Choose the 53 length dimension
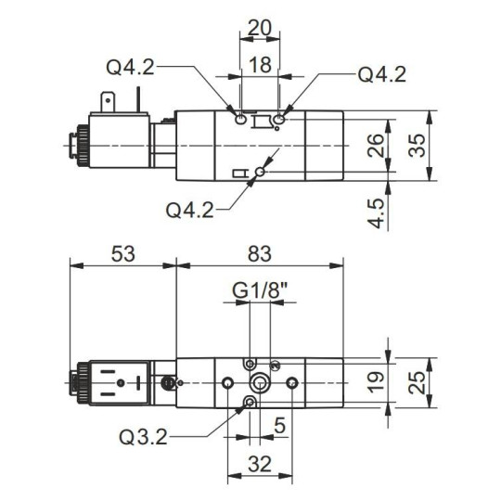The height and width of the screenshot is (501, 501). (122, 252)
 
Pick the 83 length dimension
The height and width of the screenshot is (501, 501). (261, 252)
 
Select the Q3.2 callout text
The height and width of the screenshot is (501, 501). (144, 433)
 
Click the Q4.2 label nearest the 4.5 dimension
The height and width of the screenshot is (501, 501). (190, 209)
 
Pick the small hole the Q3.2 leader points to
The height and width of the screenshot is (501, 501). (249, 401)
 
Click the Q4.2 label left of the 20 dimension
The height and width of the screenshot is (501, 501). (130, 66)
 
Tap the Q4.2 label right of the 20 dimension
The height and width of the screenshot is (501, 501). (382, 74)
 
